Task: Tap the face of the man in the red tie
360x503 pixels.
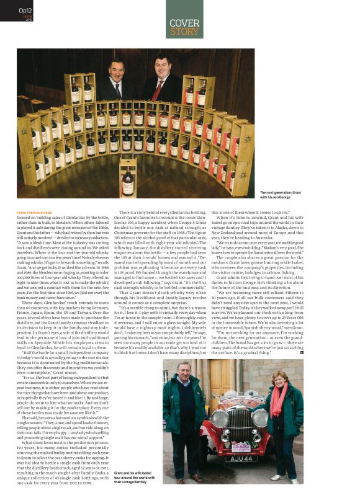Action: [x=157, y=65]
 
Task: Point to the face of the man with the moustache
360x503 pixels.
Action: [x=117, y=66]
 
